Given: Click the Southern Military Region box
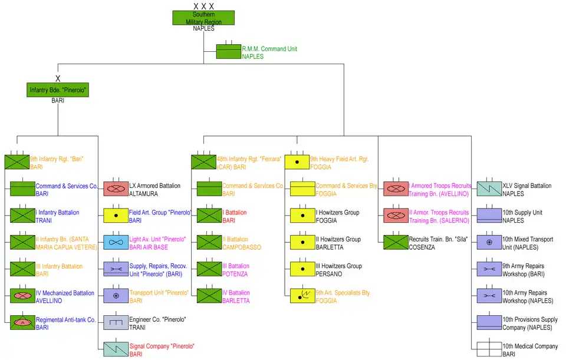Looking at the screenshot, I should click(x=203, y=18).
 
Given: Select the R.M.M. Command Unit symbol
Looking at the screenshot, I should click(x=229, y=52).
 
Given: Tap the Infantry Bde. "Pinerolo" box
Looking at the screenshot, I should click(x=58, y=90).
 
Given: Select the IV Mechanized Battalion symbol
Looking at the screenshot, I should click(x=22, y=296).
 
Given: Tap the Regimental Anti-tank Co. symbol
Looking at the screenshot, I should click(x=22, y=322).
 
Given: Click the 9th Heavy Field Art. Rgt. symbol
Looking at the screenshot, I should click(x=297, y=162).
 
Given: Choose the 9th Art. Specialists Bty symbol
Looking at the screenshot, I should click(x=302, y=296).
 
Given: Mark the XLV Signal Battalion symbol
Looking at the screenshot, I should click(x=489, y=189).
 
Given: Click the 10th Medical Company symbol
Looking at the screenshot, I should click(x=489, y=349).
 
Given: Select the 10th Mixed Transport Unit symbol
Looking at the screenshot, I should click(x=489, y=242).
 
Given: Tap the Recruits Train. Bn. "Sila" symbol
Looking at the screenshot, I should click(x=396, y=242).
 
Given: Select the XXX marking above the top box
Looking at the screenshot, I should click(x=203, y=6).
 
